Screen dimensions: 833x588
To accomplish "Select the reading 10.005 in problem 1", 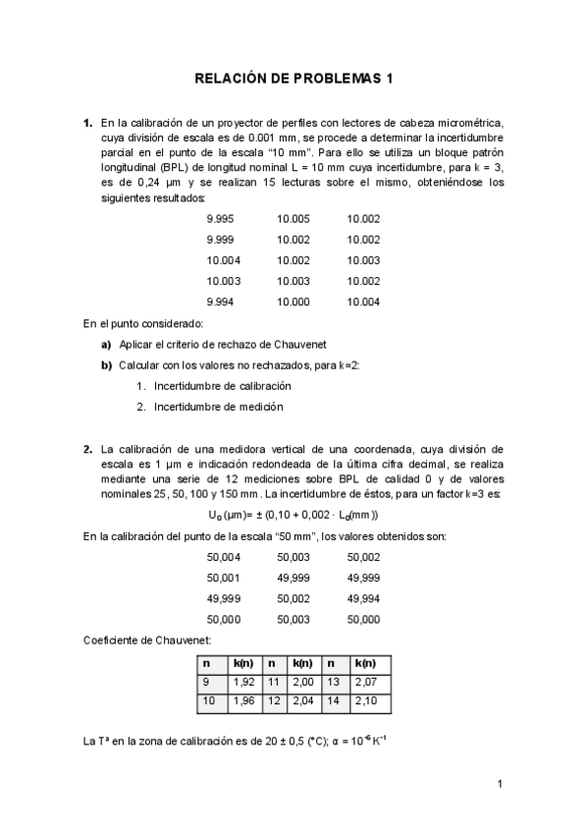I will tap(293, 219).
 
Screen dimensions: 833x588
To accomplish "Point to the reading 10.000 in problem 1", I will tap(293, 302).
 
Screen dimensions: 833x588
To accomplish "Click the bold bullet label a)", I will tap(106, 345).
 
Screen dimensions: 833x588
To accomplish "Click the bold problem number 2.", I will tap(87, 449).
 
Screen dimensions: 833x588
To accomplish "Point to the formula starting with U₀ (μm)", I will tap(293, 514).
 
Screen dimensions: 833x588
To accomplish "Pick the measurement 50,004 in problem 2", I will tap(223, 557).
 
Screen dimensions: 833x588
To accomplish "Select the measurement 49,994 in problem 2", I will tap(363, 598).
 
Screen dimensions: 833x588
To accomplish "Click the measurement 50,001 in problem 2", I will tap(223, 578).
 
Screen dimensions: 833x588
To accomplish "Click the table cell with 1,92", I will tap(243, 682).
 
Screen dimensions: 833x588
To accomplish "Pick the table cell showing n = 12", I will tap(274, 701).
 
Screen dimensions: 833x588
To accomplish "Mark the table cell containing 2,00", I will tap(305, 682).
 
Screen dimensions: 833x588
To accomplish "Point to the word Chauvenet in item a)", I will tap(312, 345).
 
